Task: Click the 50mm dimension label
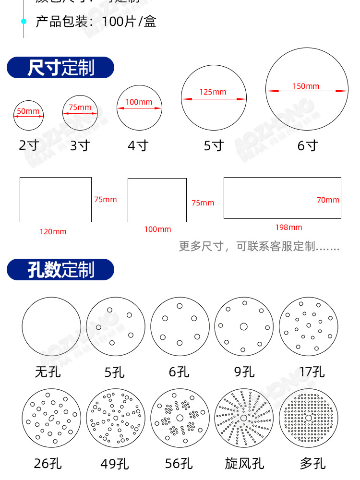click(28, 111)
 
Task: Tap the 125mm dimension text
click(213, 92)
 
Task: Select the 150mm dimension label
click(306, 86)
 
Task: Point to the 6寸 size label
click(307, 145)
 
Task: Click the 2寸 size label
click(28, 145)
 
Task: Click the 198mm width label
click(288, 227)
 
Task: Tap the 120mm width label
click(53, 232)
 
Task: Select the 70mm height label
click(328, 200)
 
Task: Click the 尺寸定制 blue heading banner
click(60, 68)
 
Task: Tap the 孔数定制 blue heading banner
click(60, 270)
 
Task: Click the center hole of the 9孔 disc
click(243, 327)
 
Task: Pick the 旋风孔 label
click(244, 463)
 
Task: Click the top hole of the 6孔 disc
click(180, 306)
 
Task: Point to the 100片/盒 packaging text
click(129, 22)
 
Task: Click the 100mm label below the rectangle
click(157, 229)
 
